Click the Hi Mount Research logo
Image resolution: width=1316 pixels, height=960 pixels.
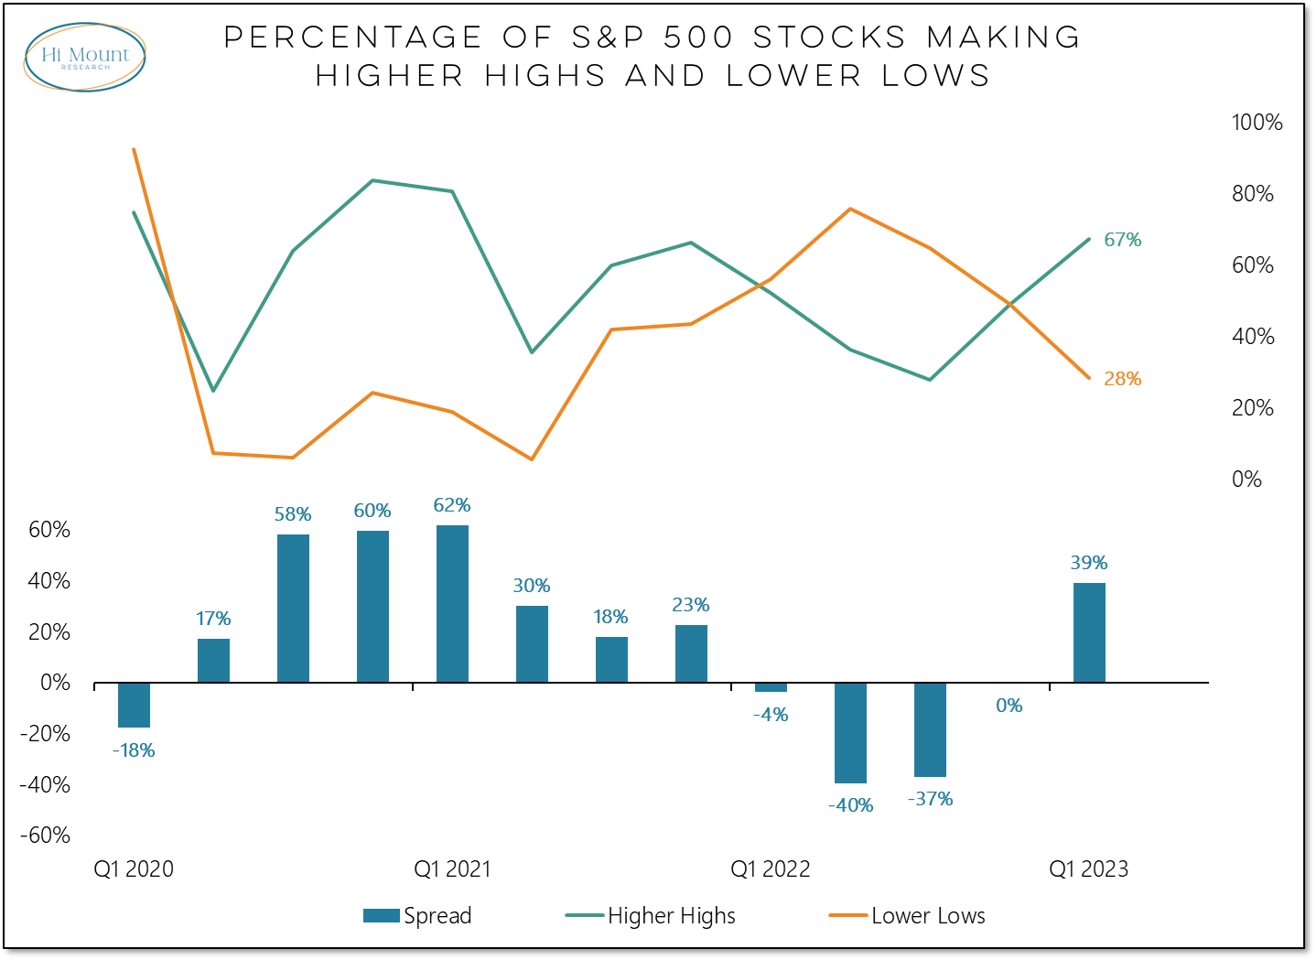tap(84, 57)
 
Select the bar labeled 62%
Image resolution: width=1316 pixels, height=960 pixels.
tap(452, 604)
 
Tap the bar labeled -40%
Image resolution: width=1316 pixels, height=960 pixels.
tap(850, 732)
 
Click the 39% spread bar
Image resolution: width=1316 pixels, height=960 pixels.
tap(1089, 632)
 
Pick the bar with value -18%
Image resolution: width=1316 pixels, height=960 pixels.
tap(134, 705)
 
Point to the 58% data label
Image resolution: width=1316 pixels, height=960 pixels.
tap(293, 514)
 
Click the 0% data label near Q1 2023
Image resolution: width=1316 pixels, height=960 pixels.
tap(1009, 706)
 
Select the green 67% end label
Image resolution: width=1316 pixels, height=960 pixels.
tap(1122, 240)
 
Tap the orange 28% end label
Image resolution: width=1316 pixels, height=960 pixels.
tap(1122, 379)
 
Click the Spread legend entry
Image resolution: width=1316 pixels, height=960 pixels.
tap(418, 916)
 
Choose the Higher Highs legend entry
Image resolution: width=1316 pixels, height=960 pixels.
tap(651, 916)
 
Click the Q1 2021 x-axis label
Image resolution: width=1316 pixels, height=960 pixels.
tap(452, 869)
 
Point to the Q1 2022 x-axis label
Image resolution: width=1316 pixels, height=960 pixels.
tap(770, 869)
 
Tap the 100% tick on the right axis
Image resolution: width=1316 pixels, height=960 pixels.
tap(1257, 123)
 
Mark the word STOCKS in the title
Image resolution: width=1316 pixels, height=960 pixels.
tap(830, 38)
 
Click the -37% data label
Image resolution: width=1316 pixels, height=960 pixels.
tap(930, 799)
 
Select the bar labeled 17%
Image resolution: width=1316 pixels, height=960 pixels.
tap(213, 660)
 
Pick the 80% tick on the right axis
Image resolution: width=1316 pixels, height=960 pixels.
tap(1252, 194)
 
